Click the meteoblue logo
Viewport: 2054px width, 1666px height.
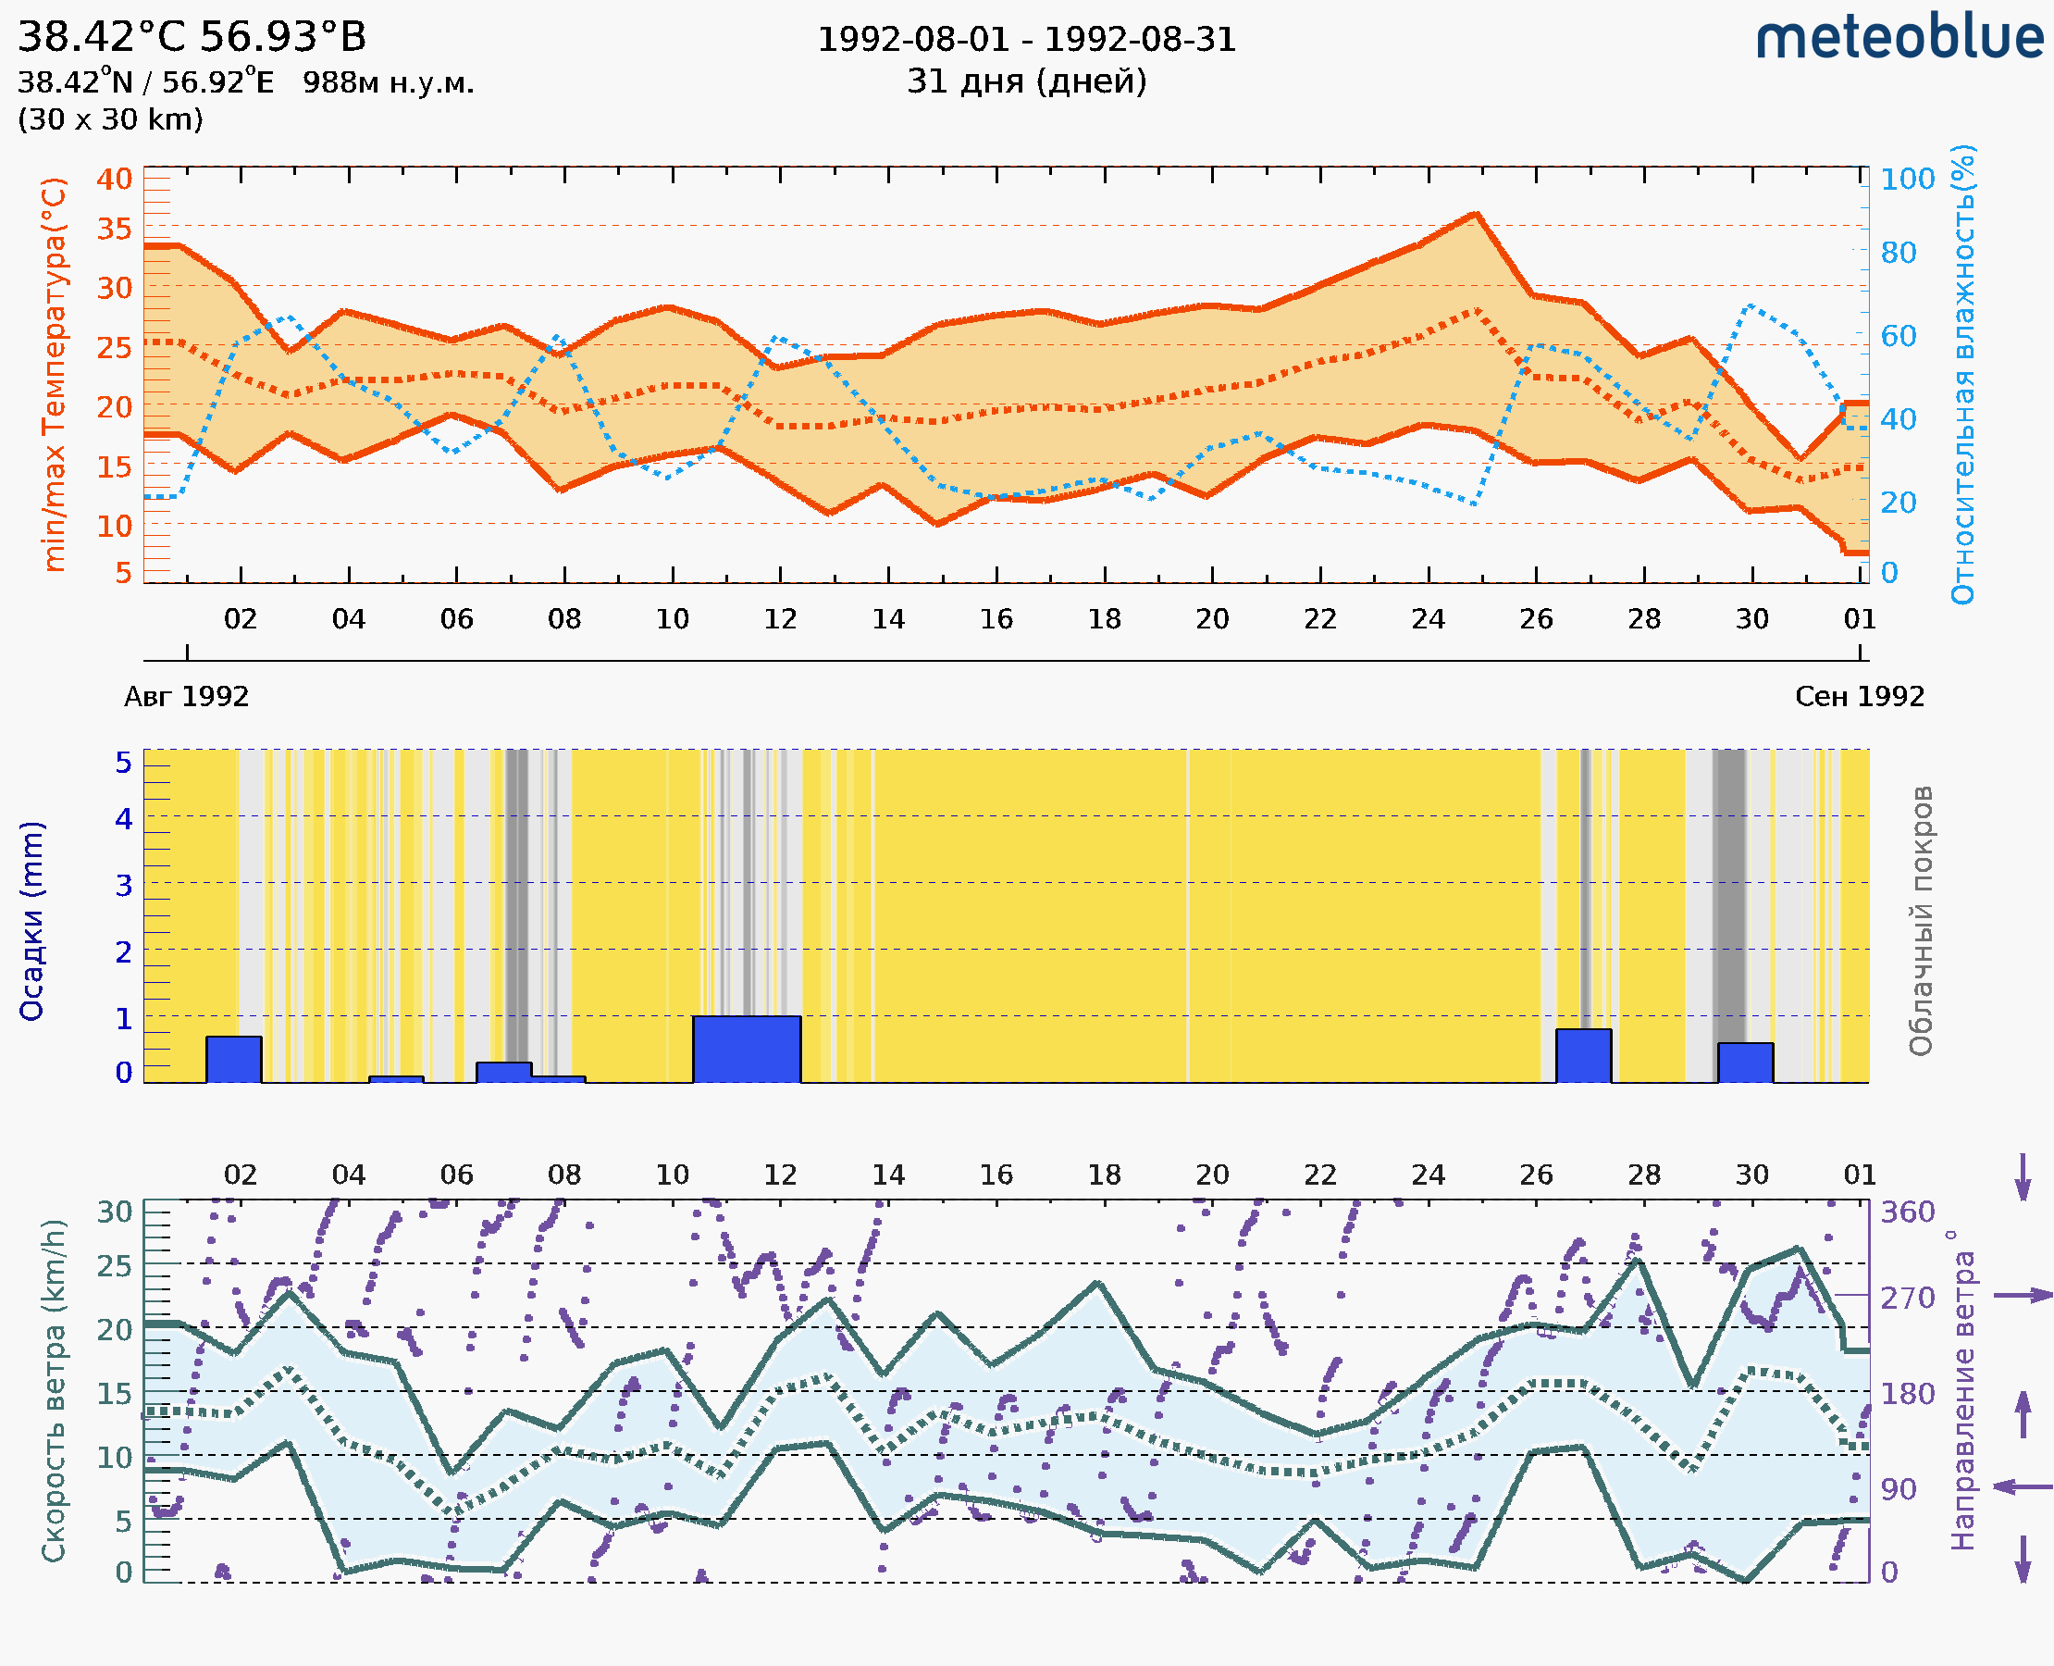point(1899,38)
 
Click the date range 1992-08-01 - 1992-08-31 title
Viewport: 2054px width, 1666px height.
point(1026,40)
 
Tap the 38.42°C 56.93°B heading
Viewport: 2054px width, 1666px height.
point(192,37)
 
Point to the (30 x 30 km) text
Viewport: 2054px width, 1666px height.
point(110,119)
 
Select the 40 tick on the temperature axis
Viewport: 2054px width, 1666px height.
point(114,179)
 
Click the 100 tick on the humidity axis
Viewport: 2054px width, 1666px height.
point(1907,179)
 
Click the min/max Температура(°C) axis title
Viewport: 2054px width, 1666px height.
point(55,374)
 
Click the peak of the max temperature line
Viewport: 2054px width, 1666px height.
point(1475,215)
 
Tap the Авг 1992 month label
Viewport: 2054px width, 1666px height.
point(186,696)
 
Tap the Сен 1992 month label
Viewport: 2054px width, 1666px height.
point(1860,696)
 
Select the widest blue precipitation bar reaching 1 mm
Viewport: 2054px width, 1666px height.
point(747,1049)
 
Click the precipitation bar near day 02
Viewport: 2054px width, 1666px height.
point(234,1060)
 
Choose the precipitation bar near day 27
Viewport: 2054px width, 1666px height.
point(1583,1056)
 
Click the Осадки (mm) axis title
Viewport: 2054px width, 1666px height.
point(31,921)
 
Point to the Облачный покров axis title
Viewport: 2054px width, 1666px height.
point(1921,921)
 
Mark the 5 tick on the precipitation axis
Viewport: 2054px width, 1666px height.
point(124,763)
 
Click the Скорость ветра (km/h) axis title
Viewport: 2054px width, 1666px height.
point(54,1391)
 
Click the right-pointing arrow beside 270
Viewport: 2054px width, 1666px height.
point(2023,1296)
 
